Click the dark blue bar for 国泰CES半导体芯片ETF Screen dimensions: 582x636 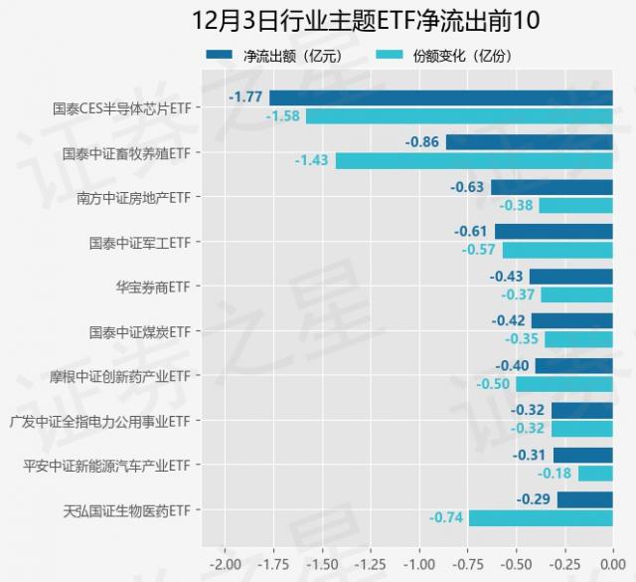(441, 97)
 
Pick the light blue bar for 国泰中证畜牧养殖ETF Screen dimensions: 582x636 (474, 160)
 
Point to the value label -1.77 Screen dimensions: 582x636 (245, 97)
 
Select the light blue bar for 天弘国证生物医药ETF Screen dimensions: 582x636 (541, 518)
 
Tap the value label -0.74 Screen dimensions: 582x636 (446, 518)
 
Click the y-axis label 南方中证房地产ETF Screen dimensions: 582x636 (133, 197)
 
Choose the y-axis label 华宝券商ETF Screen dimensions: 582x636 (152, 287)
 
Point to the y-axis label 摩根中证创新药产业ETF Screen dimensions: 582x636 (119, 376)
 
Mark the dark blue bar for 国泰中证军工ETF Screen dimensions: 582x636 (554, 231)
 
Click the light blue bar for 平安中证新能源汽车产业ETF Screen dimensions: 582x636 (595, 474)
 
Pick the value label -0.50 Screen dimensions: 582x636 (493, 384)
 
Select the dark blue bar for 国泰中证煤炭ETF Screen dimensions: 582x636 (571, 320)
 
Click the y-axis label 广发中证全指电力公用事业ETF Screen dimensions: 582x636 (99, 421)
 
